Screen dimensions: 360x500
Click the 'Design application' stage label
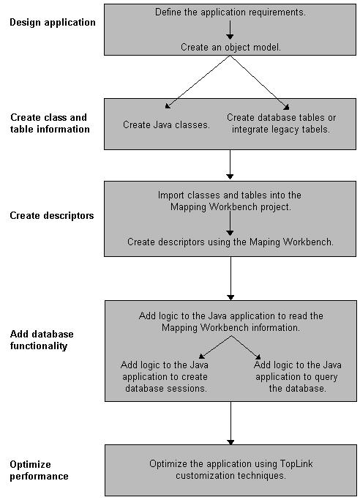point(53,22)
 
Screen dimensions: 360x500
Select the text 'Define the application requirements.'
point(230,12)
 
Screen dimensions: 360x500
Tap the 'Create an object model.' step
point(230,47)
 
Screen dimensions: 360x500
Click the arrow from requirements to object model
point(230,30)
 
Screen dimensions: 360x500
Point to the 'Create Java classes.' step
point(166,124)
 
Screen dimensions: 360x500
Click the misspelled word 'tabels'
point(313,130)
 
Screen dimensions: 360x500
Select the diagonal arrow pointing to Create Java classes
point(198,82)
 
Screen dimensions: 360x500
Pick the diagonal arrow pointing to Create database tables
point(260,83)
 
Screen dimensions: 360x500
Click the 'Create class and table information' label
point(50,123)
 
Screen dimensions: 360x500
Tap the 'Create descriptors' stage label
point(52,215)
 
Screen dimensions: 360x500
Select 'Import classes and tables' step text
point(229,201)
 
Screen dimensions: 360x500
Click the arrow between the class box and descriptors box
point(230,164)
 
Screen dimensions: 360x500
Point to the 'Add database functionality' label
point(42,340)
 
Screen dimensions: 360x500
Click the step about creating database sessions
point(165,376)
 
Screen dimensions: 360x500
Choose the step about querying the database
point(297,376)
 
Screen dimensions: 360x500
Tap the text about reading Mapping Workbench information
point(231,322)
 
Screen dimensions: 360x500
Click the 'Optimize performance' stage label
point(40,470)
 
